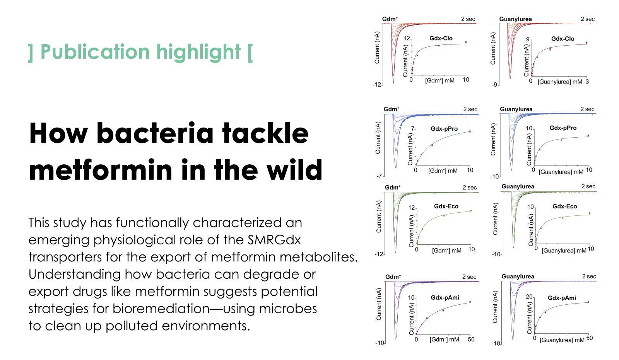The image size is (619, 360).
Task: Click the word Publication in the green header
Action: [95, 52]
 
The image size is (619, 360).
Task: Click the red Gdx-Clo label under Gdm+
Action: [441, 38]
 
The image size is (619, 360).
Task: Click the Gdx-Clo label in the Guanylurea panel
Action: [563, 39]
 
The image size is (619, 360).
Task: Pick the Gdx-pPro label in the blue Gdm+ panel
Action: [444, 129]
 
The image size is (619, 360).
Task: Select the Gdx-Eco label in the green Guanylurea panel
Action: [565, 206]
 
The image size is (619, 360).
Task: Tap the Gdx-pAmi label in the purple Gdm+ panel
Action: [445, 298]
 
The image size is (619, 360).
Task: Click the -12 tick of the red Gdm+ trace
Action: [377, 85]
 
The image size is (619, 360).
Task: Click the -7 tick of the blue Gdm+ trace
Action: [379, 176]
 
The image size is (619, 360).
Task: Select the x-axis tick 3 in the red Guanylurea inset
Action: [587, 82]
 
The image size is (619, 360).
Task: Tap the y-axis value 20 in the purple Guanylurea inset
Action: [529, 297]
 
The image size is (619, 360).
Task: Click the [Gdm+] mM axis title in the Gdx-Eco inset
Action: [446, 251]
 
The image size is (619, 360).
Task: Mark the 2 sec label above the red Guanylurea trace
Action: [588, 19]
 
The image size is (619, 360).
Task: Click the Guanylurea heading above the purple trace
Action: [518, 276]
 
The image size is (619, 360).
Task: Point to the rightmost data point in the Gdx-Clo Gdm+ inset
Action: [466, 42]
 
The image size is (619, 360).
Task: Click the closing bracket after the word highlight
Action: [250, 52]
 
